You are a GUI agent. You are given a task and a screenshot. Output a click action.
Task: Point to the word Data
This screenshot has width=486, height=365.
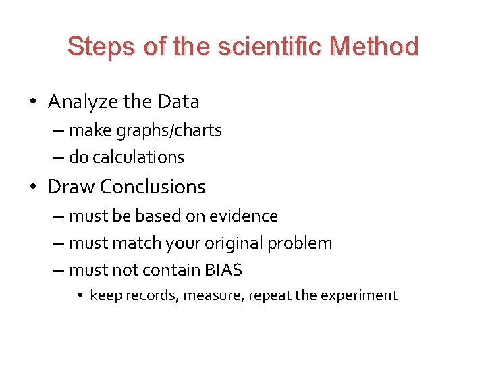click(178, 102)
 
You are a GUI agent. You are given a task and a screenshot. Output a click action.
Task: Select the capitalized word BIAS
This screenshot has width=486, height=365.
click(222, 270)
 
